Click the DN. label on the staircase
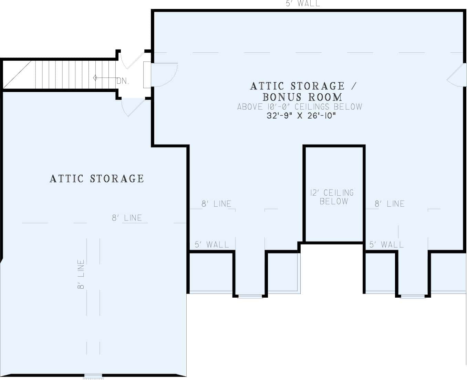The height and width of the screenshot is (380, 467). click(123, 81)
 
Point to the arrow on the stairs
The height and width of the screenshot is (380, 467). click(103, 78)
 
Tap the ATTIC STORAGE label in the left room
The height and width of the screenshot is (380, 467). click(97, 178)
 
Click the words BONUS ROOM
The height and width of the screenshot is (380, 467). click(302, 97)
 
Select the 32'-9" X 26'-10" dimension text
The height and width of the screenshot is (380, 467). click(301, 116)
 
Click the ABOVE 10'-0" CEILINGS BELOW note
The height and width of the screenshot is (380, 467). click(300, 107)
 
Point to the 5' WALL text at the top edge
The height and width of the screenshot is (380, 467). click(303, 4)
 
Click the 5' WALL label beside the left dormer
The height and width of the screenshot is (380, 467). click(211, 245)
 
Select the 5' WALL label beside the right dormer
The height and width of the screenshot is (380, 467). click(386, 245)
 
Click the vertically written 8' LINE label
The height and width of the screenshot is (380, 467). click(81, 274)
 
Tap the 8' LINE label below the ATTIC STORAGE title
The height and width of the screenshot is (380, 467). click(127, 218)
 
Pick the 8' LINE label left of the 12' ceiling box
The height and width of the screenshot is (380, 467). click(216, 204)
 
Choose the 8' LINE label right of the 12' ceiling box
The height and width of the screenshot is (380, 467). click(390, 204)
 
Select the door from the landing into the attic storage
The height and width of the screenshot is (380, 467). click(133, 107)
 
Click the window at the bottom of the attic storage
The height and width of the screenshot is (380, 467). click(93, 376)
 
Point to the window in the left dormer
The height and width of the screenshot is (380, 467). click(250, 296)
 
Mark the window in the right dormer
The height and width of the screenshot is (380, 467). click(413, 296)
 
